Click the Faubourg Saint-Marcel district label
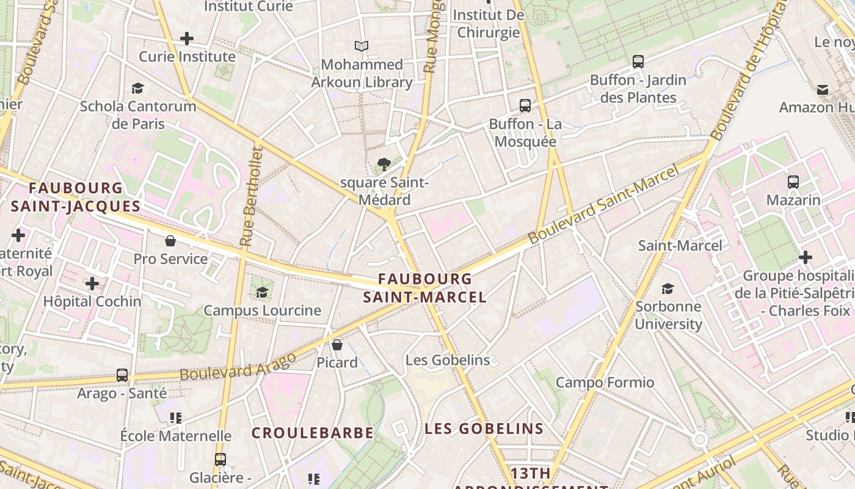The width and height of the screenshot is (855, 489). click(425, 288)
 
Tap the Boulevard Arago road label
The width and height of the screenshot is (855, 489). click(238, 366)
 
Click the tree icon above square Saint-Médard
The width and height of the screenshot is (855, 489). click(384, 164)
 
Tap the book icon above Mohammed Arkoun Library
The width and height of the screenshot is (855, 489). click(362, 46)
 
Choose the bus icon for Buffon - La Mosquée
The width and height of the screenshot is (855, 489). click(525, 105)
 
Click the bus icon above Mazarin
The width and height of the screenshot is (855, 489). click(793, 182)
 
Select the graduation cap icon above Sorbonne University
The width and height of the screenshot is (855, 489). click(668, 289)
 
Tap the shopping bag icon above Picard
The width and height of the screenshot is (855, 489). click(337, 345)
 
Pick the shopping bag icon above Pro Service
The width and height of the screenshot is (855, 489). click(170, 241)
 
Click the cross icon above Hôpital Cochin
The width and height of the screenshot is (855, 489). click(92, 284)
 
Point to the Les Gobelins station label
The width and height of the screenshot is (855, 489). click(448, 360)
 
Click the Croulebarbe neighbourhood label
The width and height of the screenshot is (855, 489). click(312, 433)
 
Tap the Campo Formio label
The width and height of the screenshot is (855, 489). click(605, 383)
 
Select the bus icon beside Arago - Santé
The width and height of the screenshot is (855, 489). click(122, 375)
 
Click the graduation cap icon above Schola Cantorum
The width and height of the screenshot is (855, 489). click(138, 88)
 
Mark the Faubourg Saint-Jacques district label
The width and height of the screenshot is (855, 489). click(76, 197)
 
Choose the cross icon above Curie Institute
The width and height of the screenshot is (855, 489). click(187, 39)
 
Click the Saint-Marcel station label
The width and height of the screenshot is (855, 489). click(680, 246)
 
